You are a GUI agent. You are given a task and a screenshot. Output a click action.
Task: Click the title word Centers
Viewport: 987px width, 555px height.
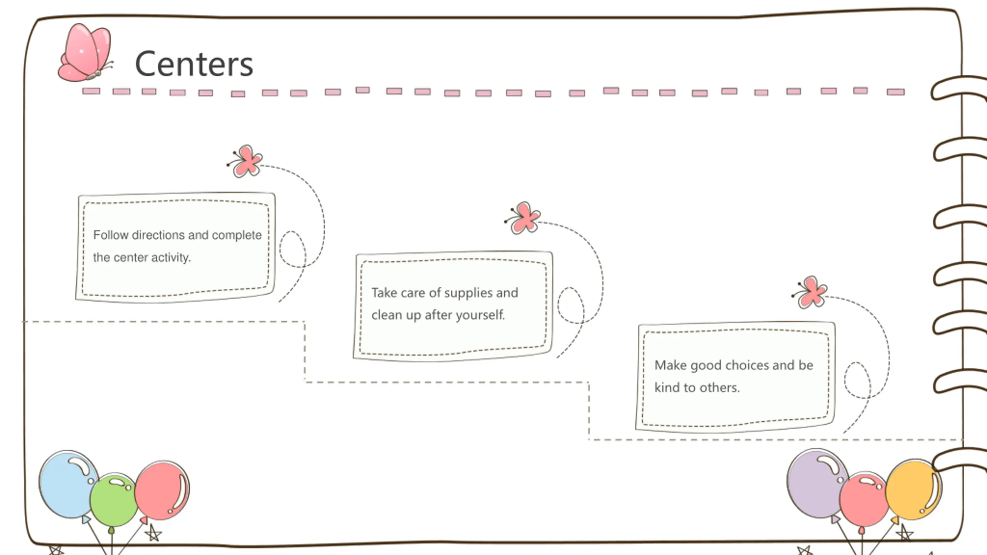pos(194,64)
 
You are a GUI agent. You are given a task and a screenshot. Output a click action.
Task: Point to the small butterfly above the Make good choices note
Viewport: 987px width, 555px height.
pos(811,293)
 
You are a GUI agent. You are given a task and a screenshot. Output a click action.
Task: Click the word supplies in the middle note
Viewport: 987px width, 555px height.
pos(468,293)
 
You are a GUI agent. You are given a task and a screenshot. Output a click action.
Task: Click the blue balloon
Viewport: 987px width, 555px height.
pos(67,484)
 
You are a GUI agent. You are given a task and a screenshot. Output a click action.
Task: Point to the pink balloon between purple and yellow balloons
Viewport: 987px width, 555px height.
pos(864,499)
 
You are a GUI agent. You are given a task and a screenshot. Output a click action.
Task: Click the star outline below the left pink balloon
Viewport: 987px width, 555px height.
pos(153,534)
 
